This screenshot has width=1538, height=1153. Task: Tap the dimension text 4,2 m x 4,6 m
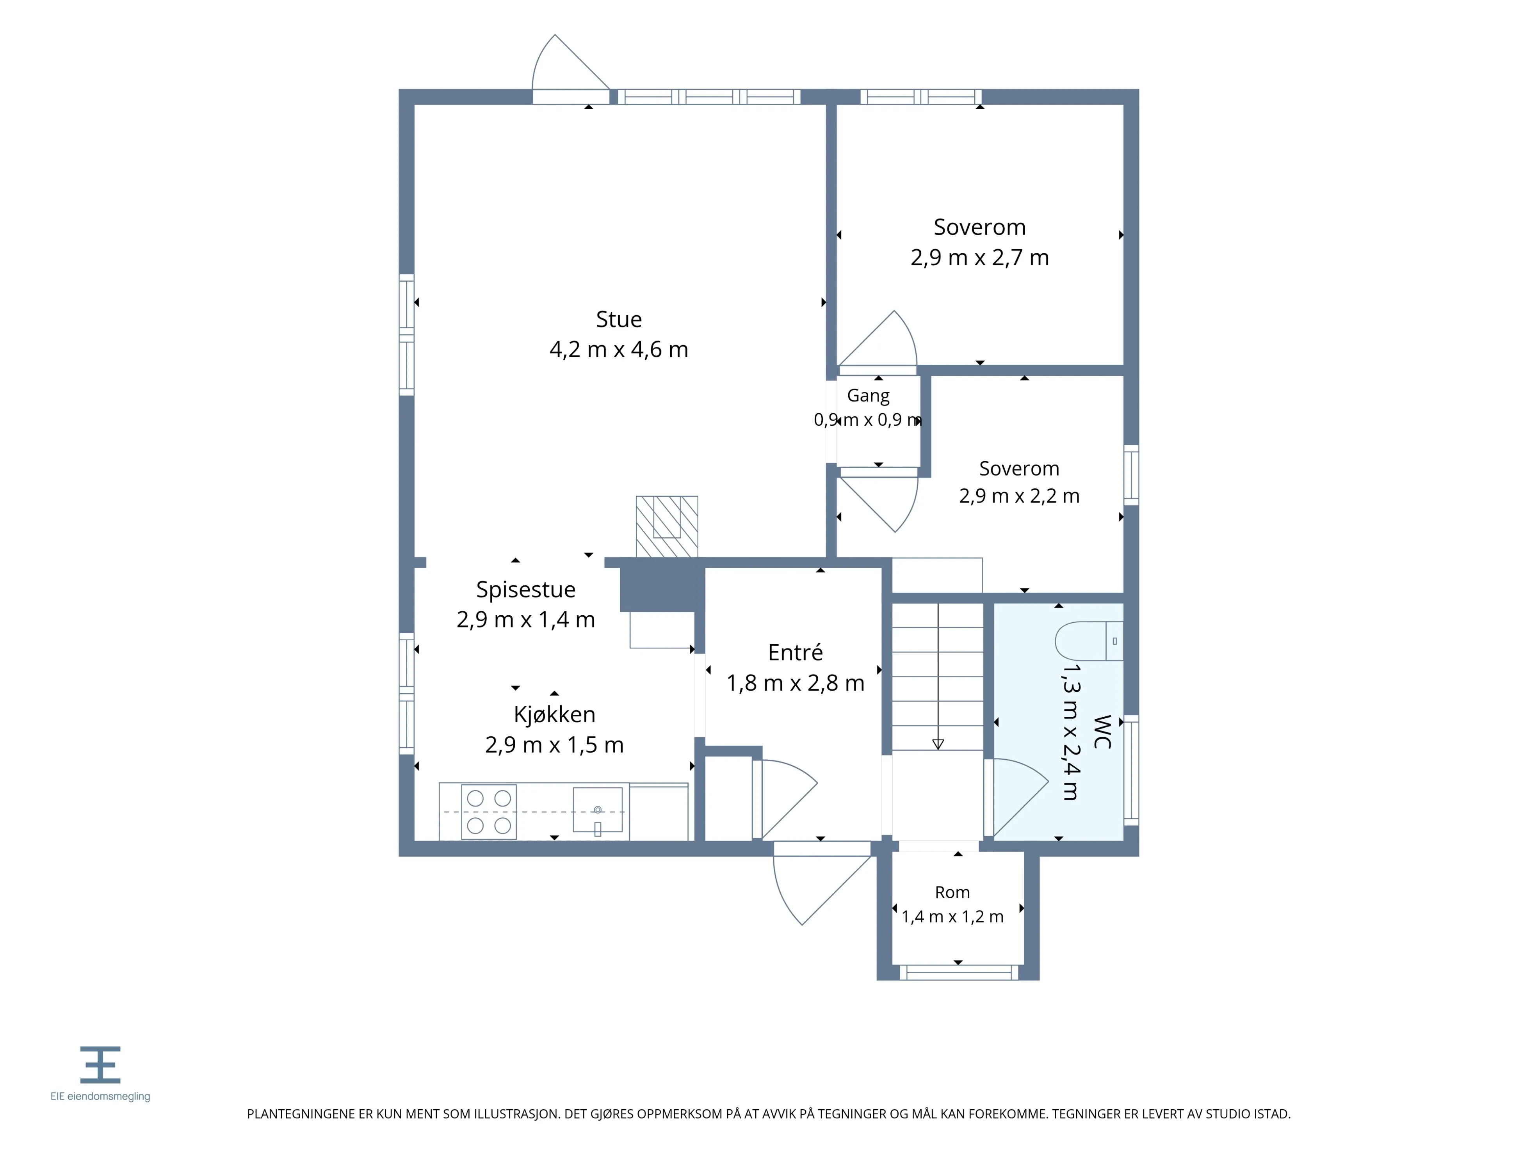619,350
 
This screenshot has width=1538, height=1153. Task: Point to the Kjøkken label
554,714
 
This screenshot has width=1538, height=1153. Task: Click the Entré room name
796,653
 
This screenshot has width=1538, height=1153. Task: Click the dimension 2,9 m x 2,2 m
1019,496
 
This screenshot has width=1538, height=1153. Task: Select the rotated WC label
1102,732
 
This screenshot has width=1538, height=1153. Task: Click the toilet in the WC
1088,641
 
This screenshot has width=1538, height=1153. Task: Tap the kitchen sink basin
597,810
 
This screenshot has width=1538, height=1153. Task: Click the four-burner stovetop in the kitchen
489,812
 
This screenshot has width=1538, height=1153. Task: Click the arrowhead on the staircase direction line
938,744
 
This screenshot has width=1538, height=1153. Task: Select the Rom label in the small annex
952,892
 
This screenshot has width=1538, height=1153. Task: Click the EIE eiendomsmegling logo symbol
100,1065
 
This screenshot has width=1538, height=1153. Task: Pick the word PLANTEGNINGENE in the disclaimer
300,1114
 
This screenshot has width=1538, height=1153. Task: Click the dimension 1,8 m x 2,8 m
796,683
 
